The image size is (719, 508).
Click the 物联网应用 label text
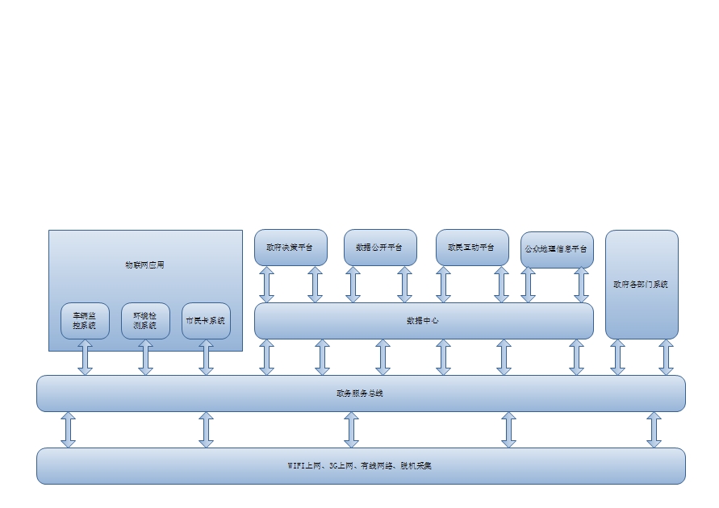click(145, 264)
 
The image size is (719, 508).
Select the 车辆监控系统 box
click(85, 321)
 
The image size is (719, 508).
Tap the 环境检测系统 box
click(145, 321)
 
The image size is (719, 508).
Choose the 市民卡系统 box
click(206, 321)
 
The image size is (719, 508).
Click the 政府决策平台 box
click(291, 248)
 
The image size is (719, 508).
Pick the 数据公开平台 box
click(380, 248)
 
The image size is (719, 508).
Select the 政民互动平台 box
click(472, 248)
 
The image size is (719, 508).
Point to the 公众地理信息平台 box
click(557, 250)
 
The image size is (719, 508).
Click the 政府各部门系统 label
click(642, 285)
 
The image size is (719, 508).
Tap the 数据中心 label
click(423, 321)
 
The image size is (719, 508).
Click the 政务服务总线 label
click(361, 393)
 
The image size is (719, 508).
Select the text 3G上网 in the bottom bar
click(340, 466)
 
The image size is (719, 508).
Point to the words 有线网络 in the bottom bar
click(377, 466)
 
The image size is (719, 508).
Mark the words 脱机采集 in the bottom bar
click(416, 466)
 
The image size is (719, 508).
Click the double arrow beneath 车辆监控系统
click(85, 357)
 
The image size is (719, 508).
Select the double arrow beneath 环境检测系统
click(145, 357)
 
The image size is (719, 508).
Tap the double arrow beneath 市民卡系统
click(206, 357)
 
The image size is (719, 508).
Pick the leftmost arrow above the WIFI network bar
click(68, 430)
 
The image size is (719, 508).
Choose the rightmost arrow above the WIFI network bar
click(654, 430)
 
